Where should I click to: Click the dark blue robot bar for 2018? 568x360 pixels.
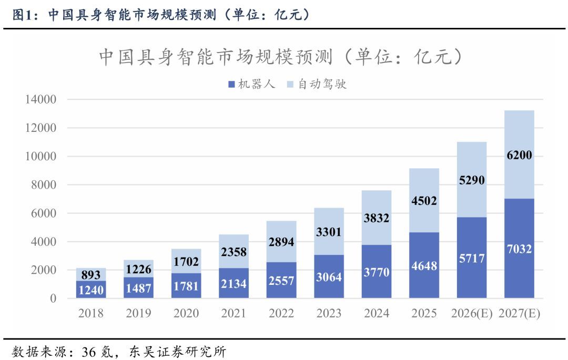click(x=91, y=290)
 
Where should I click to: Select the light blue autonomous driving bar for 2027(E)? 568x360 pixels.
click(x=519, y=155)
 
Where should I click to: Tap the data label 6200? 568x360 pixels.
click(x=519, y=155)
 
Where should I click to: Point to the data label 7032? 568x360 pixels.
click(x=519, y=249)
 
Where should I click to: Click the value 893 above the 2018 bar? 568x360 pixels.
click(x=91, y=275)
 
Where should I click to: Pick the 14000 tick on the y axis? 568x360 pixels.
click(x=40, y=99)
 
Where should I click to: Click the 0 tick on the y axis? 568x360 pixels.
click(x=53, y=299)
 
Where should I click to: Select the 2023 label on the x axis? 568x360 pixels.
click(x=329, y=313)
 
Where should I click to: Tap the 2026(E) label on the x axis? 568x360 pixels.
click(x=472, y=313)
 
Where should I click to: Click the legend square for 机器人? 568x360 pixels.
click(x=232, y=84)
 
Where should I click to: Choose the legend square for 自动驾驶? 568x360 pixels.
click(x=290, y=84)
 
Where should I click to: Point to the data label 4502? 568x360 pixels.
click(x=424, y=201)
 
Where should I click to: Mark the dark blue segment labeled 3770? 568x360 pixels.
click(x=377, y=271)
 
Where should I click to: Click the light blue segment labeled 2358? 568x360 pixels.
click(x=234, y=251)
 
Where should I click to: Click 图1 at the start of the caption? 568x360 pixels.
click(x=22, y=15)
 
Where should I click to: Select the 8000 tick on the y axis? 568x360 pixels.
click(x=44, y=185)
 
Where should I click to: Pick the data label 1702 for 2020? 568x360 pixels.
click(x=186, y=262)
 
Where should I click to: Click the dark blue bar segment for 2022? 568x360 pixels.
click(x=281, y=280)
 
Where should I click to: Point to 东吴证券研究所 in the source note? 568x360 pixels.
click(x=178, y=352)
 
